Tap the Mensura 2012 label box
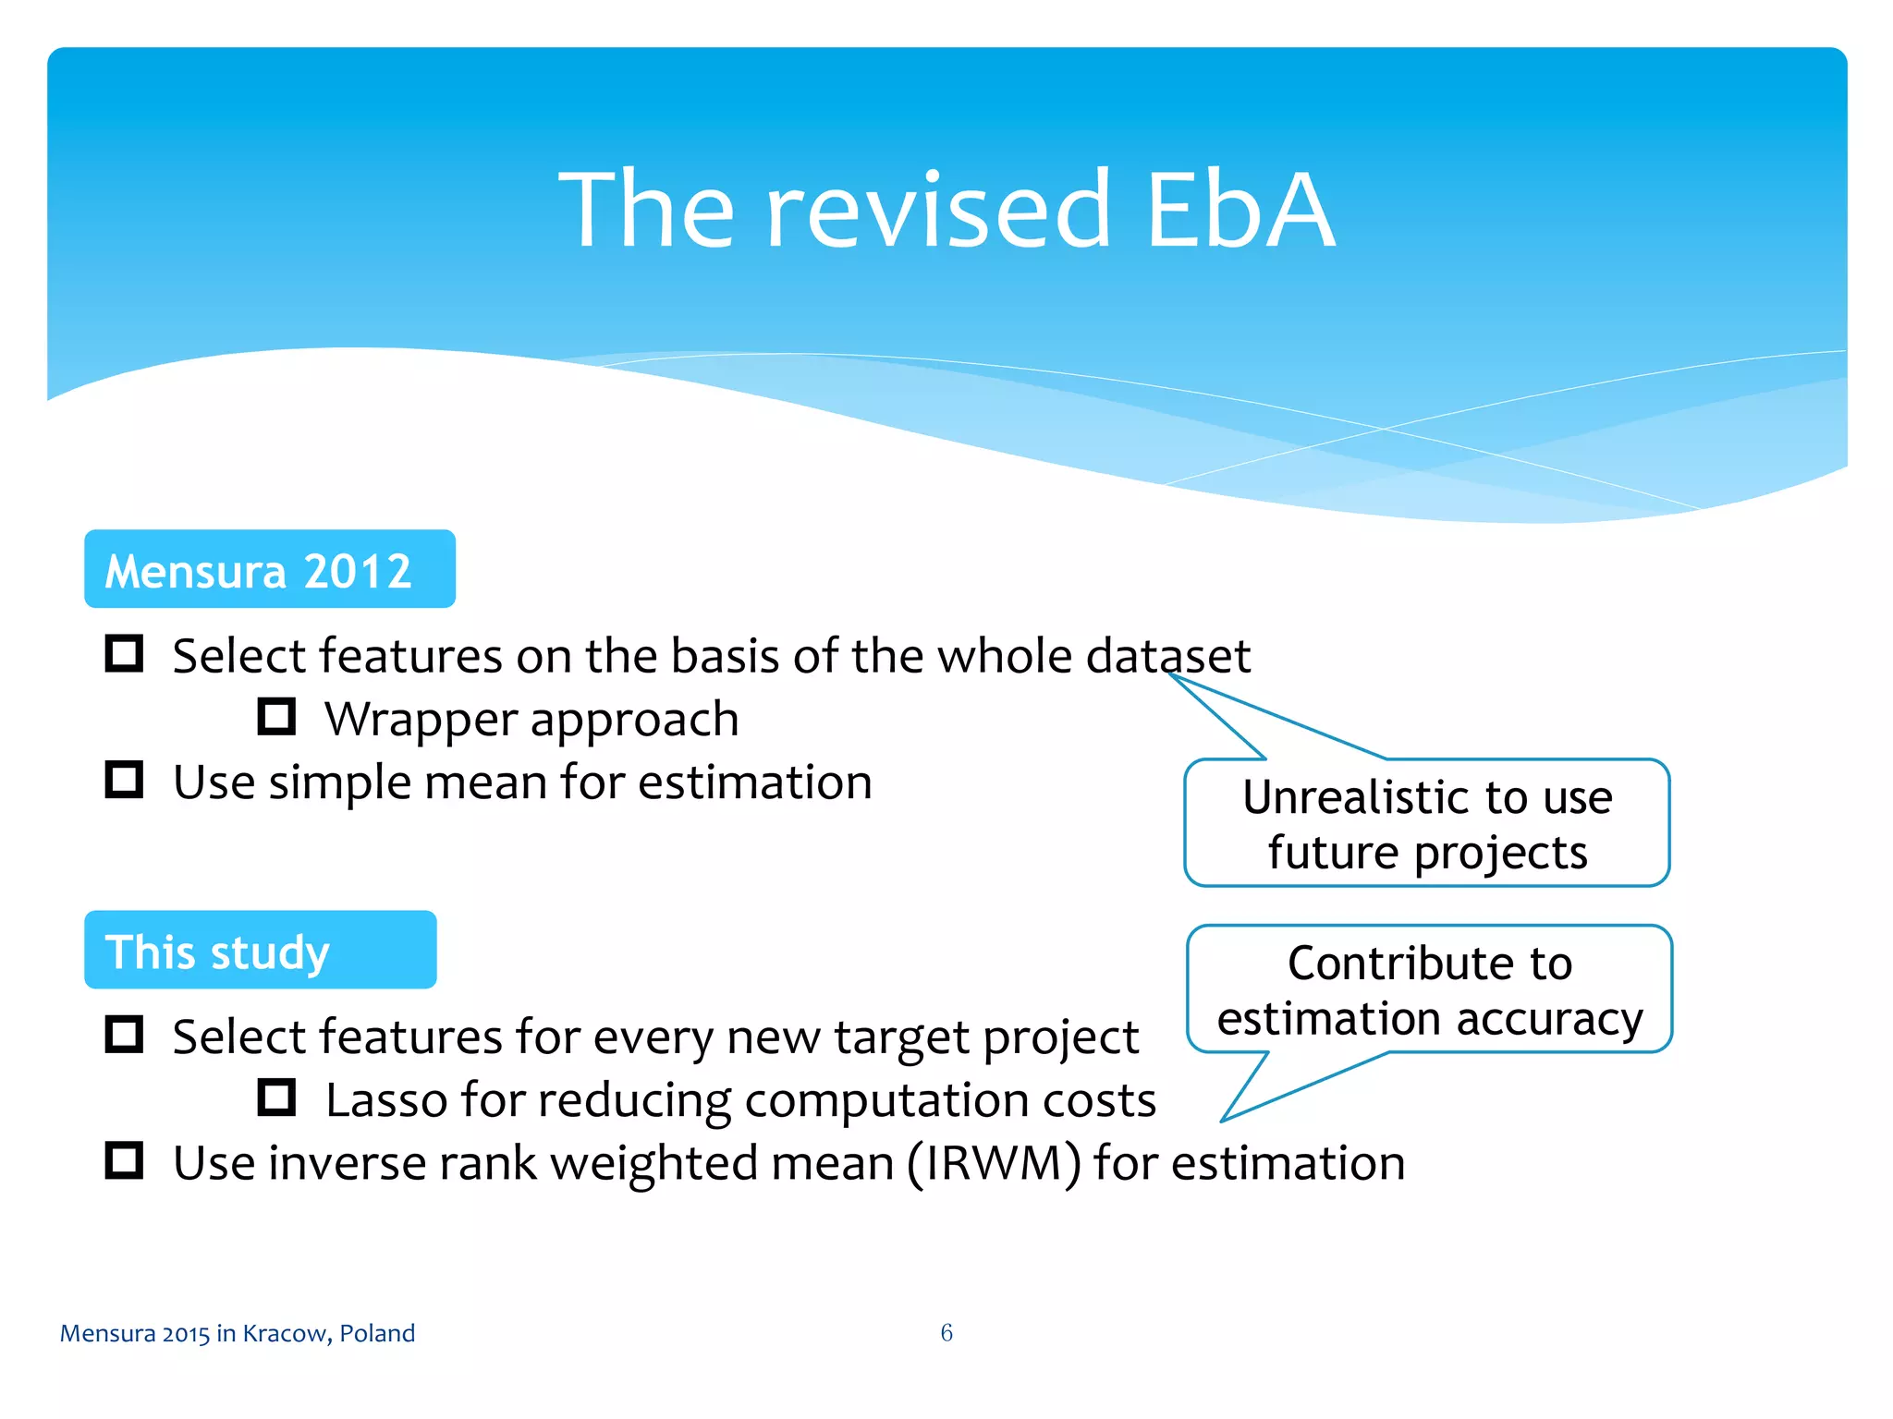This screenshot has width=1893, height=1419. [x=269, y=569]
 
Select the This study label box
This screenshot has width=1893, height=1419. [x=260, y=950]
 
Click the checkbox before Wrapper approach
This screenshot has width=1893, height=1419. [x=276, y=717]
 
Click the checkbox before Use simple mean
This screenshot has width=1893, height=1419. [x=124, y=780]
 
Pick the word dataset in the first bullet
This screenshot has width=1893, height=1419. [x=1168, y=656]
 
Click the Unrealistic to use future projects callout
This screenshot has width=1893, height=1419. [x=1426, y=823]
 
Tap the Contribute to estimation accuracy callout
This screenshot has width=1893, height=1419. [x=1429, y=989]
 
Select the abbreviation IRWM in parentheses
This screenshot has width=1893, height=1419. [x=994, y=1163]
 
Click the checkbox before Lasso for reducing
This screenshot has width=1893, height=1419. [x=276, y=1098]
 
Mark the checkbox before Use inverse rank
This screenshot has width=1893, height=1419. [x=124, y=1160]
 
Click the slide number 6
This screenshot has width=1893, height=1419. [x=946, y=1332]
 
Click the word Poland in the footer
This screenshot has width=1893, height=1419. [x=377, y=1333]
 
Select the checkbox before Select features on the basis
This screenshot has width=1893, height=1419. [x=124, y=653]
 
